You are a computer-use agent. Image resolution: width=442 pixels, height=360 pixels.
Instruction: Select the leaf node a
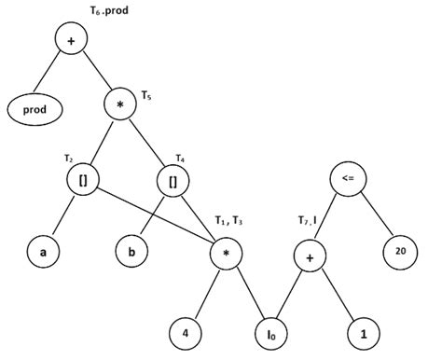pos(42,251)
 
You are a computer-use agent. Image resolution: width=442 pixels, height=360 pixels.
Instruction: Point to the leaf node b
pos(131,251)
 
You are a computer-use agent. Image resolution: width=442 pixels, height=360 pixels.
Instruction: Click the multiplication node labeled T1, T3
pos(224,251)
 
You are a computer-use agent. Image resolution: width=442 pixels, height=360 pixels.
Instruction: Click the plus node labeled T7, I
pos(310,251)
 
